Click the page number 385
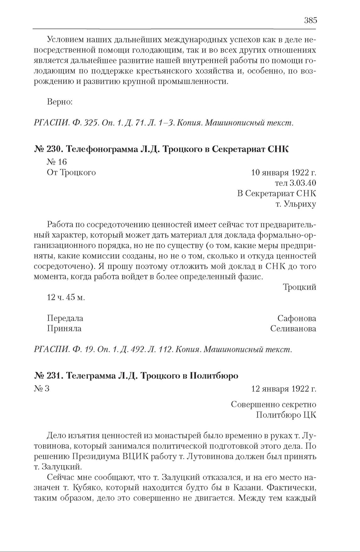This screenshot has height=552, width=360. click(310, 21)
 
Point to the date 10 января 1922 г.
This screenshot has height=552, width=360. click(284, 173)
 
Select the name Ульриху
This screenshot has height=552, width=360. click(300, 204)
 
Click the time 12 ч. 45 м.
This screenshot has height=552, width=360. click(66, 297)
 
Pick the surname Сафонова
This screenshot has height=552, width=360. click(297, 318)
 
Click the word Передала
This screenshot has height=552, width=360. click(65, 318)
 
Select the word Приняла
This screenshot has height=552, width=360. click(64, 329)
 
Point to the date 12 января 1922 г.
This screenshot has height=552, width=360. click(284, 389)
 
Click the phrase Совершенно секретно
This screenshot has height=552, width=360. click(273, 404)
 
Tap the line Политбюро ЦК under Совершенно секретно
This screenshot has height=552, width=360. click(286, 415)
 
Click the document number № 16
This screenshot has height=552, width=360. click(57, 162)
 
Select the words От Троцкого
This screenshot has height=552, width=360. click(71, 173)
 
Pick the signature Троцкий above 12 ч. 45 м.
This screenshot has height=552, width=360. click(299, 287)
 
